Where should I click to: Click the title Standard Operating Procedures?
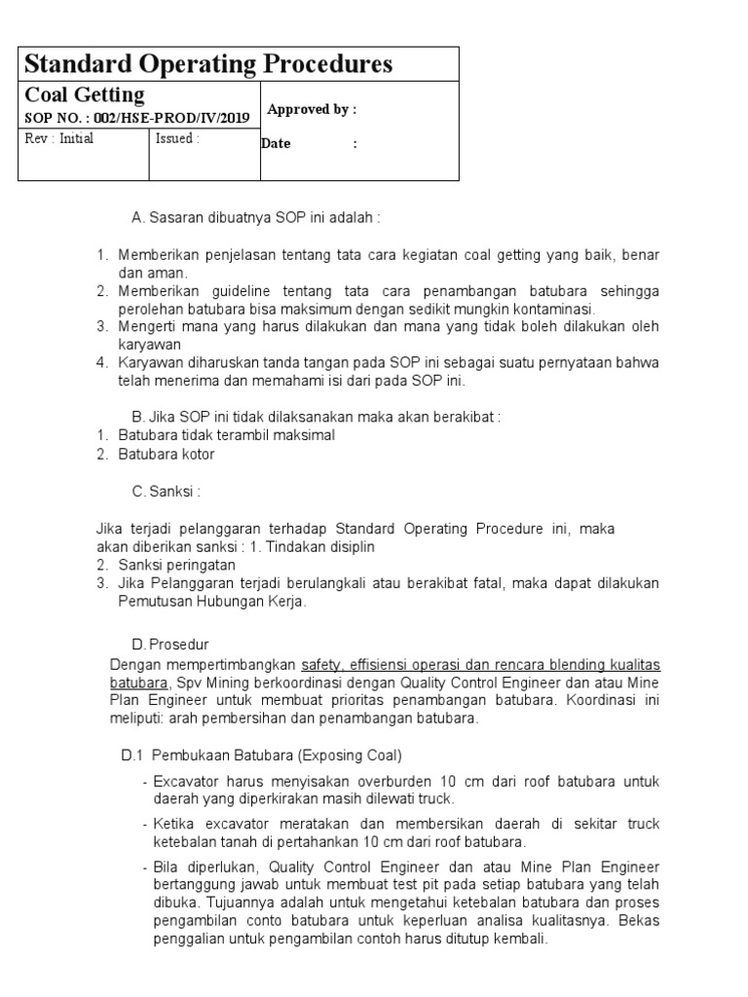point(208,64)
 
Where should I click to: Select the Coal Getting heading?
point(84,95)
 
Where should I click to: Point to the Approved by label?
point(312,109)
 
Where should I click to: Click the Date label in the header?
point(277,144)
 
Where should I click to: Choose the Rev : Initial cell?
point(59,138)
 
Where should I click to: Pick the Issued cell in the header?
point(177,138)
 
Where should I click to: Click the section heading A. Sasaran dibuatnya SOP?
point(255,216)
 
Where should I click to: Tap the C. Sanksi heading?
point(166,492)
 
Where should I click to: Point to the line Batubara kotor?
point(166,454)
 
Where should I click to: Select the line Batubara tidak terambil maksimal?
point(226,435)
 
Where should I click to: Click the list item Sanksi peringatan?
point(176,565)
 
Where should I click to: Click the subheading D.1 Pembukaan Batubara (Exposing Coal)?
point(261,756)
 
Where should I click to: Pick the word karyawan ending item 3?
point(150,344)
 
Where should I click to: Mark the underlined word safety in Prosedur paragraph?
point(322,664)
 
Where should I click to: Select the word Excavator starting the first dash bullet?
point(186,781)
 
